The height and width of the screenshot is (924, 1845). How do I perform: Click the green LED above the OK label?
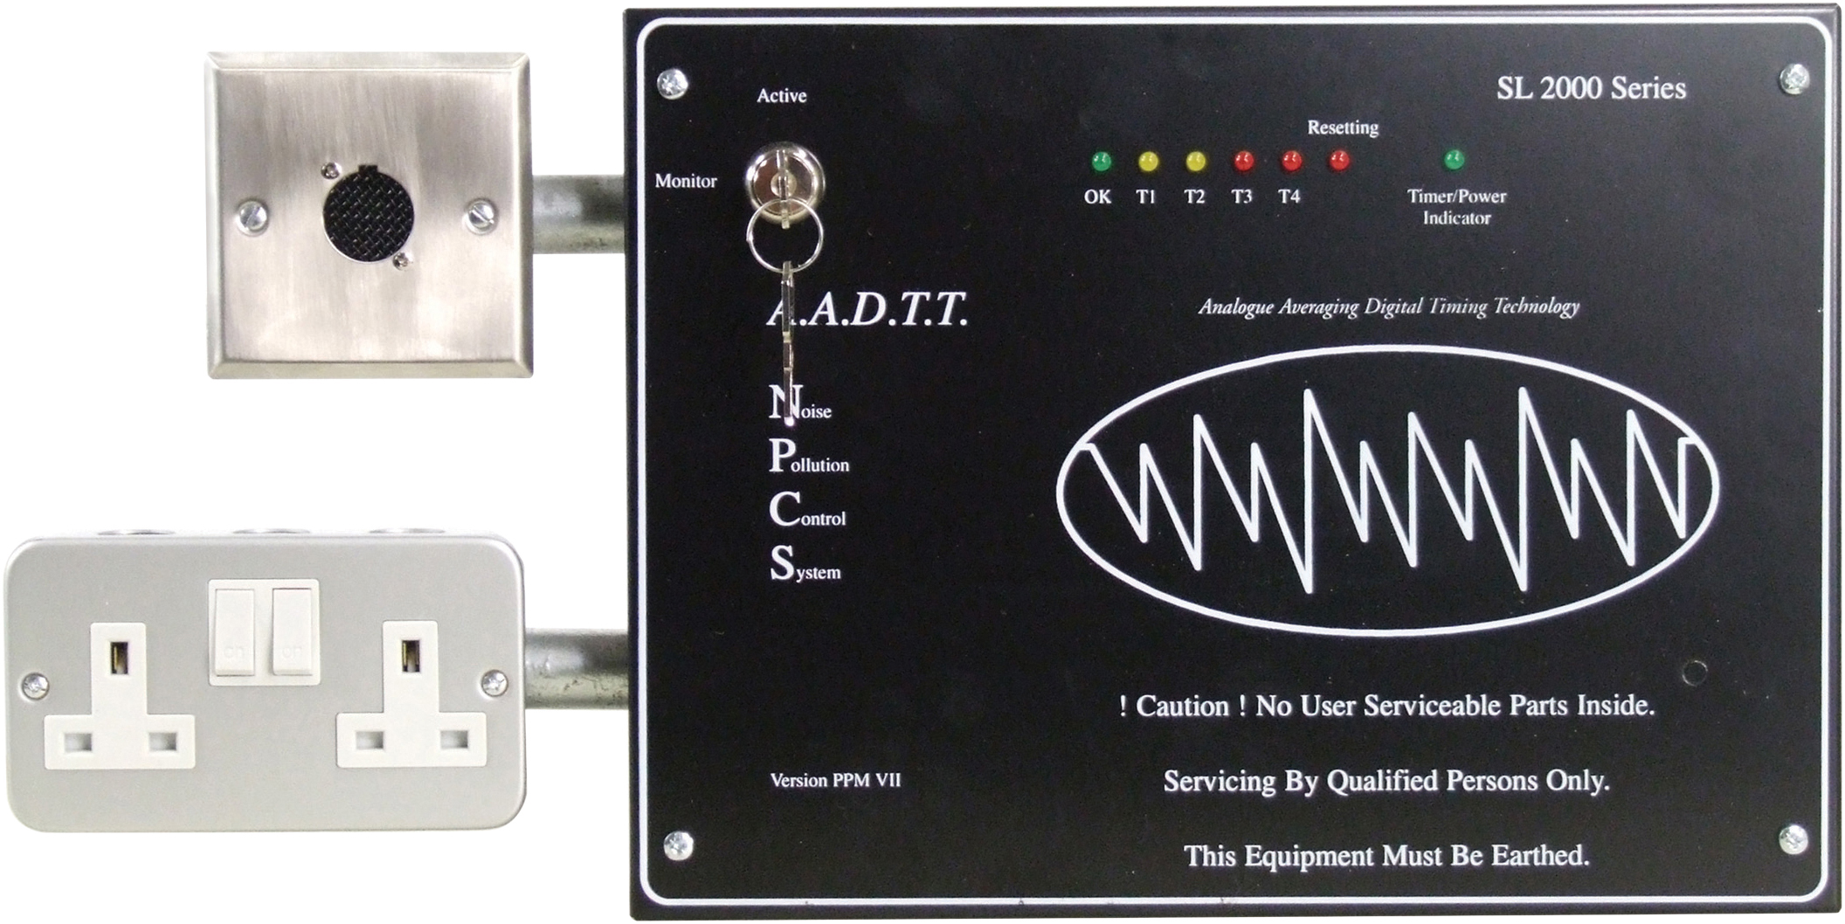[x=1102, y=162]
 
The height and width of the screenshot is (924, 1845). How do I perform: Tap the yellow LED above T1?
[x=1149, y=162]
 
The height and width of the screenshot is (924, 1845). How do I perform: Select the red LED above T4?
[x=1291, y=161]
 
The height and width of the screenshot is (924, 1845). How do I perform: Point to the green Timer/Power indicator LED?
[x=1454, y=160]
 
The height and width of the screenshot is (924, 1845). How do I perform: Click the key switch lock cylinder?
[x=784, y=179]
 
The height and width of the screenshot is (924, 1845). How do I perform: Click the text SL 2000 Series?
[x=1591, y=88]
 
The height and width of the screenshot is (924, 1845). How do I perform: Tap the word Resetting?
[x=1343, y=128]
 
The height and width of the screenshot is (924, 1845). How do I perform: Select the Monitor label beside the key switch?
[x=686, y=181]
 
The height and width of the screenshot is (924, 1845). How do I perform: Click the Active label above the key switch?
[x=781, y=96]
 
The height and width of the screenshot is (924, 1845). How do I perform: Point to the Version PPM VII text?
[x=835, y=780]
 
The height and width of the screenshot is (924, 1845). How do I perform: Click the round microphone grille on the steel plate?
[x=368, y=215]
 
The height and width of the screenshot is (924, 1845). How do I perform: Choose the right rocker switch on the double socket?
[x=292, y=631]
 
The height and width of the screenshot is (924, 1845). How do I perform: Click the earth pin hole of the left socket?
[x=120, y=658]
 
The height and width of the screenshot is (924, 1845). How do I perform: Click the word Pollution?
[x=810, y=458]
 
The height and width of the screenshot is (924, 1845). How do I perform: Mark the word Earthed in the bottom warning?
[x=1539, y=855]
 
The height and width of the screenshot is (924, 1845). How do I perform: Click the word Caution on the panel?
[x=1182, y=706]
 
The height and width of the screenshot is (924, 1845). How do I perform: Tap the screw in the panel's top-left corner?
[x=672, y=84]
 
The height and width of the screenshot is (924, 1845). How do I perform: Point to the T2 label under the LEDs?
[x=1194, y=197]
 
